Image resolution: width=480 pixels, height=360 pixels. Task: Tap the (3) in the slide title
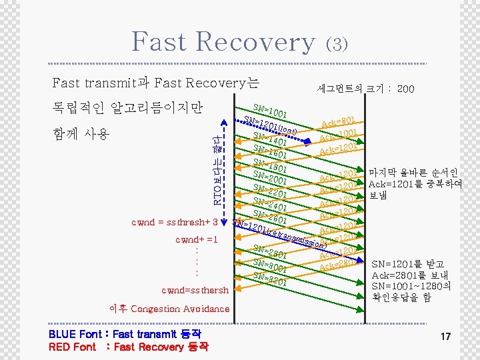pos(336,44)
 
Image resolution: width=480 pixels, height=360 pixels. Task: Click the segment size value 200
pos(405,89)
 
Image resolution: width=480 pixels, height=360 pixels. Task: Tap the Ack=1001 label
pos(340,136)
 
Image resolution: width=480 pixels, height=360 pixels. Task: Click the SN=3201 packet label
pos(271,279)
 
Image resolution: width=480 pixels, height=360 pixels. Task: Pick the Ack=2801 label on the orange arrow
pos(337,265)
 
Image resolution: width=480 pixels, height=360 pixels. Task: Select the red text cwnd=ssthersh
pos(195,290)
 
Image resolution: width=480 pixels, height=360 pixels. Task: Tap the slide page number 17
pos(445,337)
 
